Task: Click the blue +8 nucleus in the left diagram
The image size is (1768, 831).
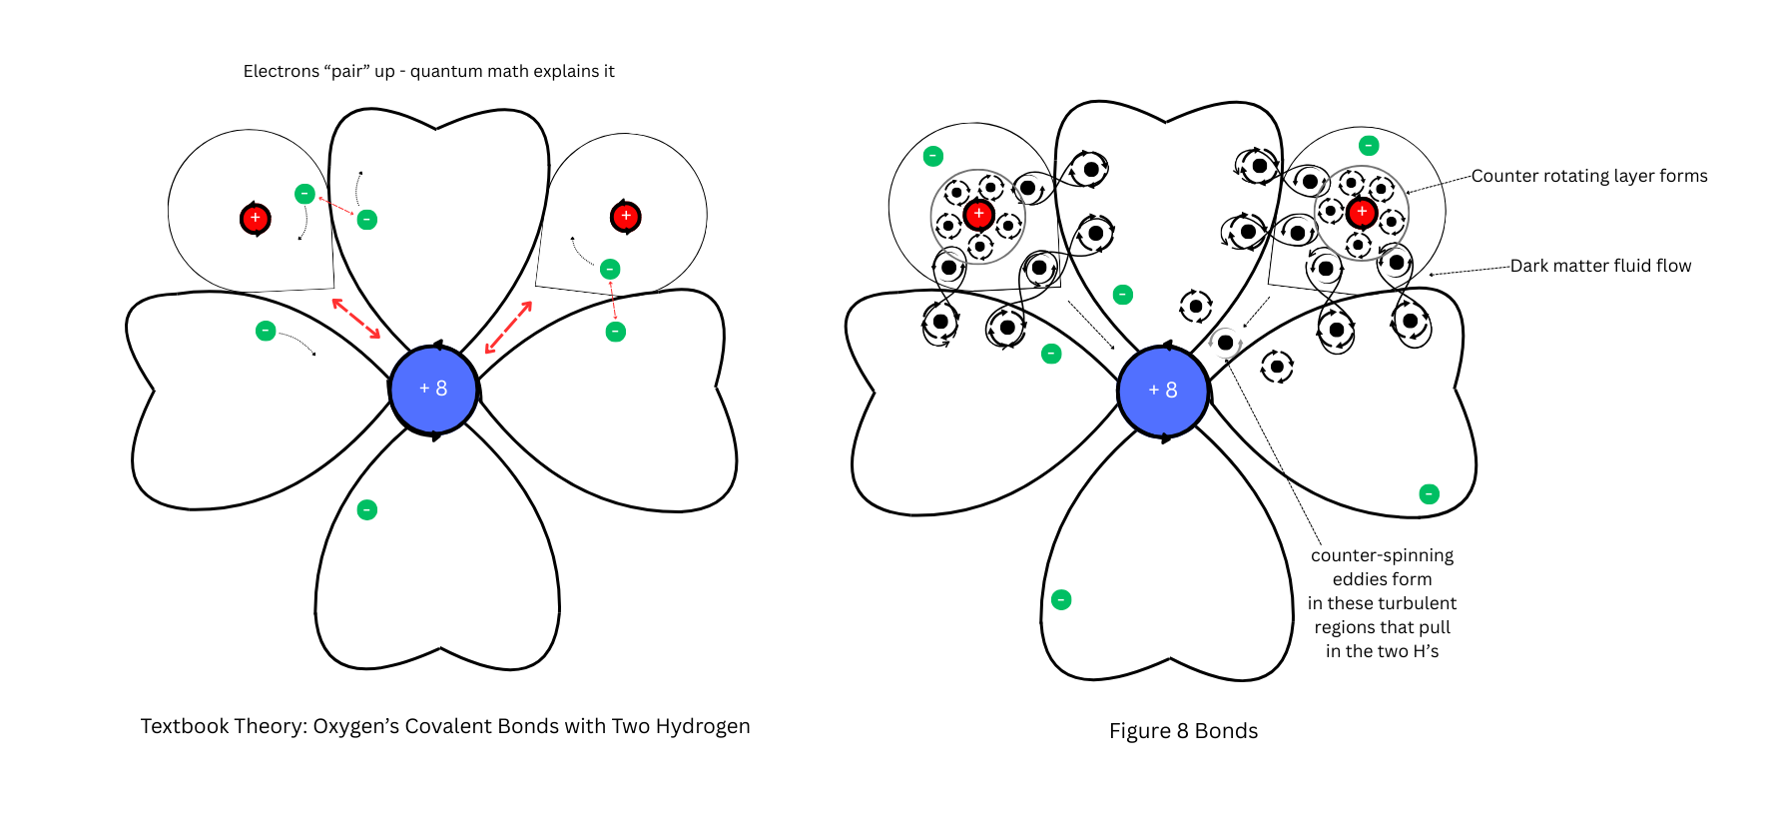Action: point(433,389)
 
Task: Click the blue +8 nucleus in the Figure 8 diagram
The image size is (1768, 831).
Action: point(1163,391)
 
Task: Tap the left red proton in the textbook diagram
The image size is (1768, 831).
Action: point(256,218)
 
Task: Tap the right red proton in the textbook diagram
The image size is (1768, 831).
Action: point(626,216)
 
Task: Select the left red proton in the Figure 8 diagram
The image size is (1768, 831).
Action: point(978,214)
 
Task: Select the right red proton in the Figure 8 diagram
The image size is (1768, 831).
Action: point(1362,212)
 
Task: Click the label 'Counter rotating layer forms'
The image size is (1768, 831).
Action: point(1588,176)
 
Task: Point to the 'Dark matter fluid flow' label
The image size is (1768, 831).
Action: point(1600,266)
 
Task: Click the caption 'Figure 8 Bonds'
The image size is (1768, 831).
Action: point(1183,731)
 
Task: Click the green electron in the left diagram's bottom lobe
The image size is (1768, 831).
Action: point(367,510)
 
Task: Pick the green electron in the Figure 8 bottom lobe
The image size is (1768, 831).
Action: point(1061,599)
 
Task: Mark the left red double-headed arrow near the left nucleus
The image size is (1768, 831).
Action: point(355,319)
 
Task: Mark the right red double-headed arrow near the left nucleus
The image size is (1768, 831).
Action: point(508,327)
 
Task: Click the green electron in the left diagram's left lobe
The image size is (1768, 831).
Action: point(266,331)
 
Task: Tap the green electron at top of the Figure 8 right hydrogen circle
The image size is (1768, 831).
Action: point(1370,145)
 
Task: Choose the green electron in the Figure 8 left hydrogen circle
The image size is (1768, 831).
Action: point(933,156)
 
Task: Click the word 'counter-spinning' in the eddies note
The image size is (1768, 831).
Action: point(1382,555)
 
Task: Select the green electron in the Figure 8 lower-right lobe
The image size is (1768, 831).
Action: point(1430,493)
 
